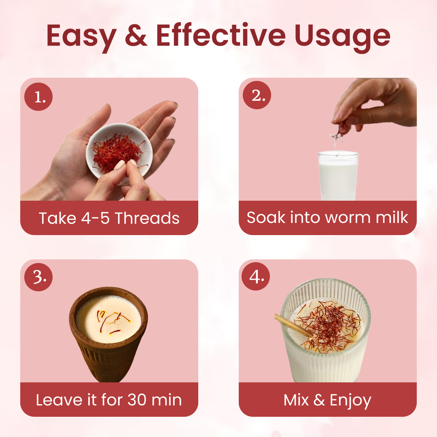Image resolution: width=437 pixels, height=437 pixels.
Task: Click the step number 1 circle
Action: [38, 97]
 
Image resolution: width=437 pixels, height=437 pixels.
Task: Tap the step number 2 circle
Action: [257, 95]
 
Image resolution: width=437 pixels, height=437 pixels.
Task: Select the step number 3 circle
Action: [38, 277]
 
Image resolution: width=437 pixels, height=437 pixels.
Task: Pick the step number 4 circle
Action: [256, 276]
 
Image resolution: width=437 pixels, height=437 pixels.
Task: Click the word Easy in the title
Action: [81, 37]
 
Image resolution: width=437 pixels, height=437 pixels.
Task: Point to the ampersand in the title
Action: [136, 35]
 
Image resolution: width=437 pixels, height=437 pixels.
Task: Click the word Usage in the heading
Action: [343, 37]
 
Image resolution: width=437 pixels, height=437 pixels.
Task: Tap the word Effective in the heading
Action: [221, 35]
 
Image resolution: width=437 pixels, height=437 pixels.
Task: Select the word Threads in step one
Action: [147, 218]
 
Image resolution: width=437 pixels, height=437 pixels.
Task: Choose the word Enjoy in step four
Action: [350, 401]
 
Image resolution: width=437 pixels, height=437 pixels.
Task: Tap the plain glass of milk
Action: [338, 175]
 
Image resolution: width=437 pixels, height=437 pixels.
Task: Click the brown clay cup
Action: [108, 334]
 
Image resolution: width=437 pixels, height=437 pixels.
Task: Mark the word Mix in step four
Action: [296, 400]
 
